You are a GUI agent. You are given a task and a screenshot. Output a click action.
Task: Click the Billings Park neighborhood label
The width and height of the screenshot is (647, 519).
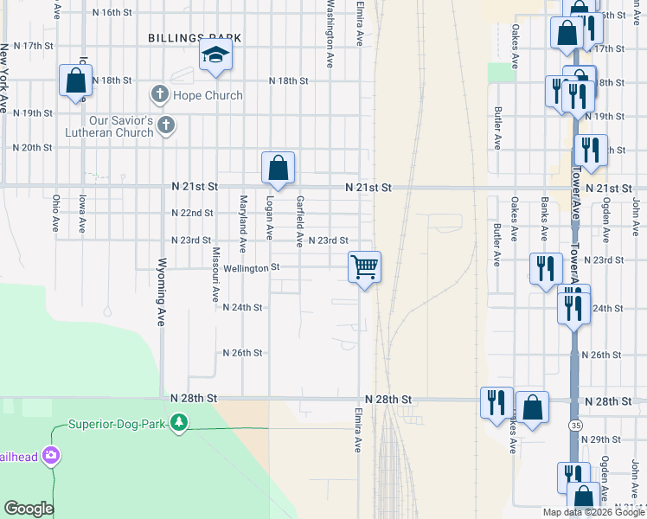click(194, 38)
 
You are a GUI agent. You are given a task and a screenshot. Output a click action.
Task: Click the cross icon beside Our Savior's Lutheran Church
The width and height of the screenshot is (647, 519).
click(167, 126)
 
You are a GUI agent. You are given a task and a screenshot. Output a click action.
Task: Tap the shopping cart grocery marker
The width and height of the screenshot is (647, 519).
click(365, 266)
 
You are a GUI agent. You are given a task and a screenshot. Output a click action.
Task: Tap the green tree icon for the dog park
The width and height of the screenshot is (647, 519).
click(179, 423)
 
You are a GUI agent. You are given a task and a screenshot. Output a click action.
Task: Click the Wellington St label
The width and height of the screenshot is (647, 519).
click(253, 268)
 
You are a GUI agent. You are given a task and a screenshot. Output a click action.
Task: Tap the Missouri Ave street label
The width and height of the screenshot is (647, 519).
click(216, 274)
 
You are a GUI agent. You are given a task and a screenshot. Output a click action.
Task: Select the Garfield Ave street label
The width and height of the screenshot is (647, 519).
click(300, 221)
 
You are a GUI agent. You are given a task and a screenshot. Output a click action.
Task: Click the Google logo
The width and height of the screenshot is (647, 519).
click(29, 509)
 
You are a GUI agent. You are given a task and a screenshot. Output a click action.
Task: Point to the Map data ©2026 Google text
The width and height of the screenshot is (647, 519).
click(593, 512)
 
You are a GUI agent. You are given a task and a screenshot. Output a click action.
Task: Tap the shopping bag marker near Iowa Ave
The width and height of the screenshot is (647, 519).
click(75, 80)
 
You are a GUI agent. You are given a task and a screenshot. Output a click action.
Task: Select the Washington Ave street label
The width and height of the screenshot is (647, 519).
click(330, 34)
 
